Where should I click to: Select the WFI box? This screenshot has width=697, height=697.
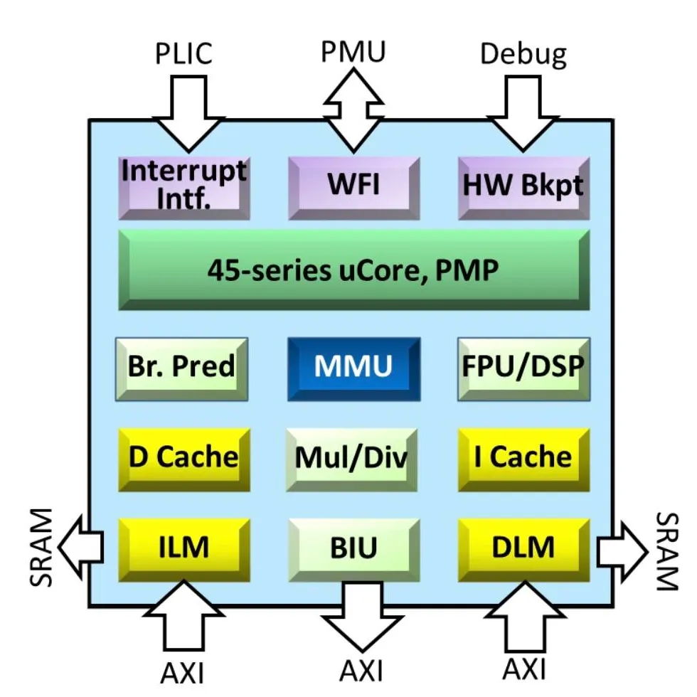pos(353,187)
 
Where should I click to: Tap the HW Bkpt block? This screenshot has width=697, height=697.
pos(523,187)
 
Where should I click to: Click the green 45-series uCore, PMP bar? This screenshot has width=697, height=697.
pos(353,270)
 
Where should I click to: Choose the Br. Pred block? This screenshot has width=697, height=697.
pos(181,368)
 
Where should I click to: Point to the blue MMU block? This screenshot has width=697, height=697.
pos(353,368)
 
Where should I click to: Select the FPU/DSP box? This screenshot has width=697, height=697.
pos(523,368)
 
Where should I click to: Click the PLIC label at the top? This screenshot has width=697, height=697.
pos(183,53)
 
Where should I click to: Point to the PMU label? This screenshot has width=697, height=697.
pos(353,51)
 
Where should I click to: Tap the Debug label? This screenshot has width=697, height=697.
pos(523,53)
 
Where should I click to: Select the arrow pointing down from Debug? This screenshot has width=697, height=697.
pos(523,110)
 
